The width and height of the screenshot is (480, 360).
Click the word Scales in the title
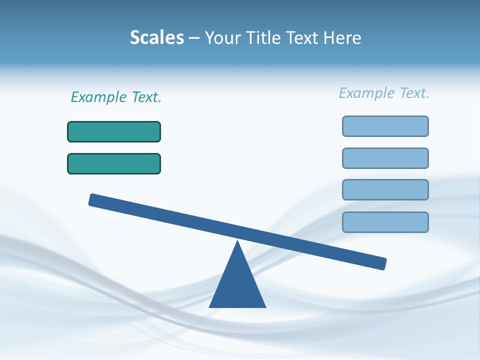156,37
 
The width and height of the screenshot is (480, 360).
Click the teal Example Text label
116,97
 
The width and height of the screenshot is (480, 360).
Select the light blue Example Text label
384,93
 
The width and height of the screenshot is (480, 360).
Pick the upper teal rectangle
114,131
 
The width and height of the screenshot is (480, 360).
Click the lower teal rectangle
114,163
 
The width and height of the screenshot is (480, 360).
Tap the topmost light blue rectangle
385,126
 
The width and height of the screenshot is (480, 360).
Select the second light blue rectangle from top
385,158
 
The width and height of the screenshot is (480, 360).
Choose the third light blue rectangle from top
385,189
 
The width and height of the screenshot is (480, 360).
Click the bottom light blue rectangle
385,222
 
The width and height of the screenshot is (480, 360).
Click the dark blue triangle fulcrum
237,285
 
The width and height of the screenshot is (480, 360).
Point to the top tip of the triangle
237,242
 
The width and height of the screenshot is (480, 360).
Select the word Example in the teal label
98,97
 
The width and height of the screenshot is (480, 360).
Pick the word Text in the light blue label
414,93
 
